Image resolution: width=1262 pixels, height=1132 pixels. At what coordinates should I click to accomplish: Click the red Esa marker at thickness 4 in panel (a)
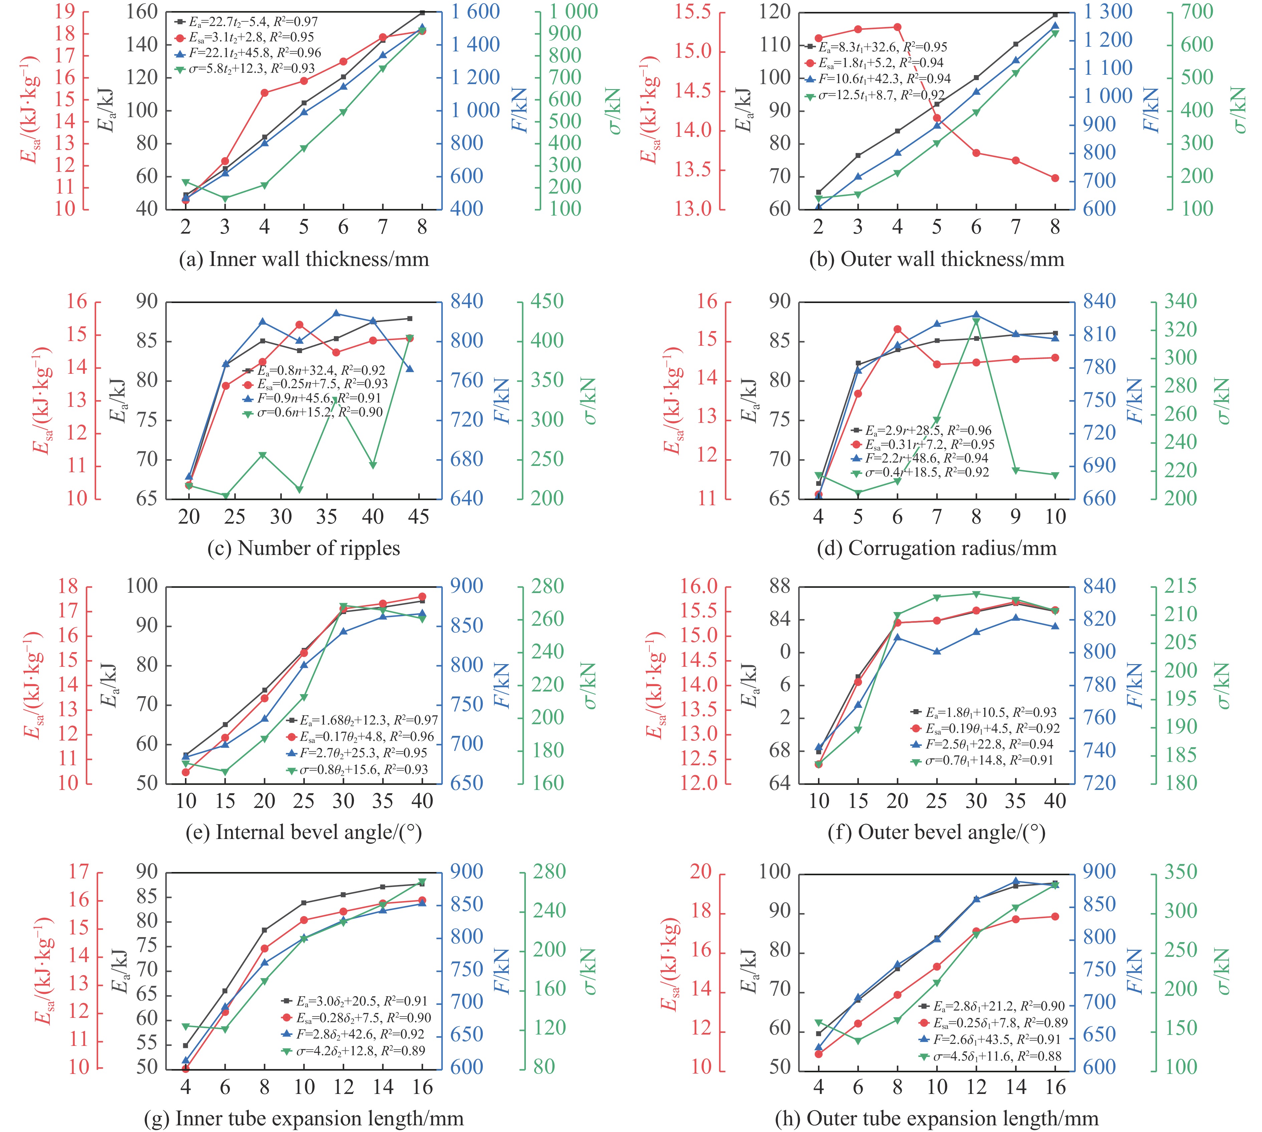[x=264, y=93]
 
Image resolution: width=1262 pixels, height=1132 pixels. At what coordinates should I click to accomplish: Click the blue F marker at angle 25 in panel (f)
[x=937, y=651]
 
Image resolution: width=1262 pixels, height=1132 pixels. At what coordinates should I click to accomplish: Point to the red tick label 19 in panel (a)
[x=62, y=12]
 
